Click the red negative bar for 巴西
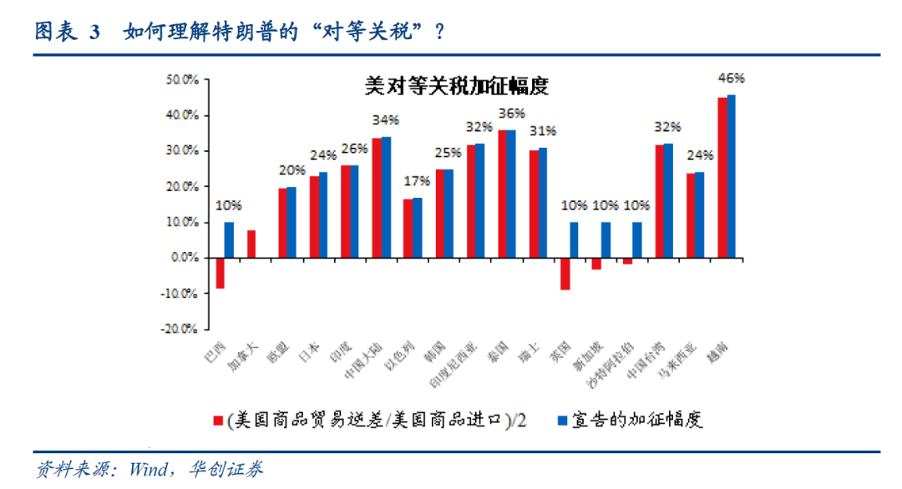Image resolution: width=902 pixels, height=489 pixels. point(220,273)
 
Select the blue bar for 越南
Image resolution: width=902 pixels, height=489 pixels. point(732,176)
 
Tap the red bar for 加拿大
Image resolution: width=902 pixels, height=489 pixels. point(251,244)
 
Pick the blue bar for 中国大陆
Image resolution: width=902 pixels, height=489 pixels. point(386,197)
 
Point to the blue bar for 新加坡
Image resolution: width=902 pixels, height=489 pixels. point(606,239)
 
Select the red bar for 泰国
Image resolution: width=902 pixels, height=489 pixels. point(503,194)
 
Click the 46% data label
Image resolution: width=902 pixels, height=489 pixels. point(731,78)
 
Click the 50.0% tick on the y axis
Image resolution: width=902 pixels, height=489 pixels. point(181,80)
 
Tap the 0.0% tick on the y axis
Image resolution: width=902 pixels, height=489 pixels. point(184,258)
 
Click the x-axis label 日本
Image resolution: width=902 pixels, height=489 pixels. point(309,354)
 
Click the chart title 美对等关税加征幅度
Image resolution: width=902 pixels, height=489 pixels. point(456,87)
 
